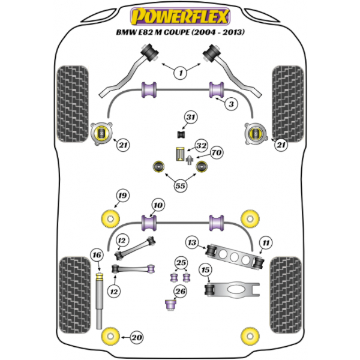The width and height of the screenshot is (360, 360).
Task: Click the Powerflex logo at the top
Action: click(180, 13)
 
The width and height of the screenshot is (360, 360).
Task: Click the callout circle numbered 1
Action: click(179, 73)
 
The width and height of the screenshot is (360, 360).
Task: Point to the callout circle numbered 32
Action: click(201, 146)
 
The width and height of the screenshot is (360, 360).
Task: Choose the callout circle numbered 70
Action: click(216, 153)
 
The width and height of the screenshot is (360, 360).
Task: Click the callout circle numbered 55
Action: click(179, 185)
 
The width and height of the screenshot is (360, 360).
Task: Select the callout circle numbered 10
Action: click(157, 206)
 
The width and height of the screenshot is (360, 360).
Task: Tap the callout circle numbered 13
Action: click(192, 242)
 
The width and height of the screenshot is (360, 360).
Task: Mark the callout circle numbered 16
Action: click(97, 256)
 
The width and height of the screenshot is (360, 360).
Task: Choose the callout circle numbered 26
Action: click(180, 292)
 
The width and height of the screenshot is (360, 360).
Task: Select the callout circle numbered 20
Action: click(137, 337)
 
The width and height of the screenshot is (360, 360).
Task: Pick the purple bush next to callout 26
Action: click(170, 304)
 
